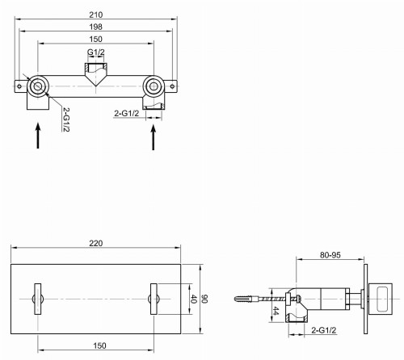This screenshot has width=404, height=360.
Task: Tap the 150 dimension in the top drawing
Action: tap(95, 40)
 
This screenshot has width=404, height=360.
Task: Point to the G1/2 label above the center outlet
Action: tap(95, 53)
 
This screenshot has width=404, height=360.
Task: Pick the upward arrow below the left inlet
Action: tap(37, 134)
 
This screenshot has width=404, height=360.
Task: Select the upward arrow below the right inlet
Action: tap(153, 134)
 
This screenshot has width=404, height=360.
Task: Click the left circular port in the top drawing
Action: tap(37, 86)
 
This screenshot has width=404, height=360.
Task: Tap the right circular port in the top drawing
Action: tap(153, 86)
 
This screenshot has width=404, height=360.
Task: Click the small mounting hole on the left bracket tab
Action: tap(18, 84)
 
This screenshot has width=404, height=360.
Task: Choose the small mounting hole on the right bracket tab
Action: tap(171, 84)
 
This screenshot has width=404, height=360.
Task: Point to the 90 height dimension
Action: tap(205, 299)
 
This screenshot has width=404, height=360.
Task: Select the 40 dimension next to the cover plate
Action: tap(193, 299)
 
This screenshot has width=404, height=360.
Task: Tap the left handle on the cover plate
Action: tap(36, 298)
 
